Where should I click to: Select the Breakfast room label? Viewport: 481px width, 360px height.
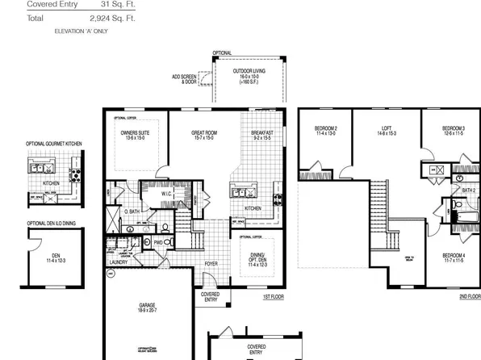[x=262, y=132]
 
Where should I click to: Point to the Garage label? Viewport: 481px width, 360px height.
[x=148, y=306]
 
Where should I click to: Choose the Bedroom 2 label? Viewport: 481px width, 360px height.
[x=325, y=129]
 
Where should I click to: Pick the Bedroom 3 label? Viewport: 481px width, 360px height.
[x=454, y=129]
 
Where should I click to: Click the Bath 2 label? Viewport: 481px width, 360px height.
[x=469, y=190]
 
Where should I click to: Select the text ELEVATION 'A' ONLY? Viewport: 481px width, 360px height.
[x=82, y=30]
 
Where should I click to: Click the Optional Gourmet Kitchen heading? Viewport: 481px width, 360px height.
[x=54, y=144]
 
